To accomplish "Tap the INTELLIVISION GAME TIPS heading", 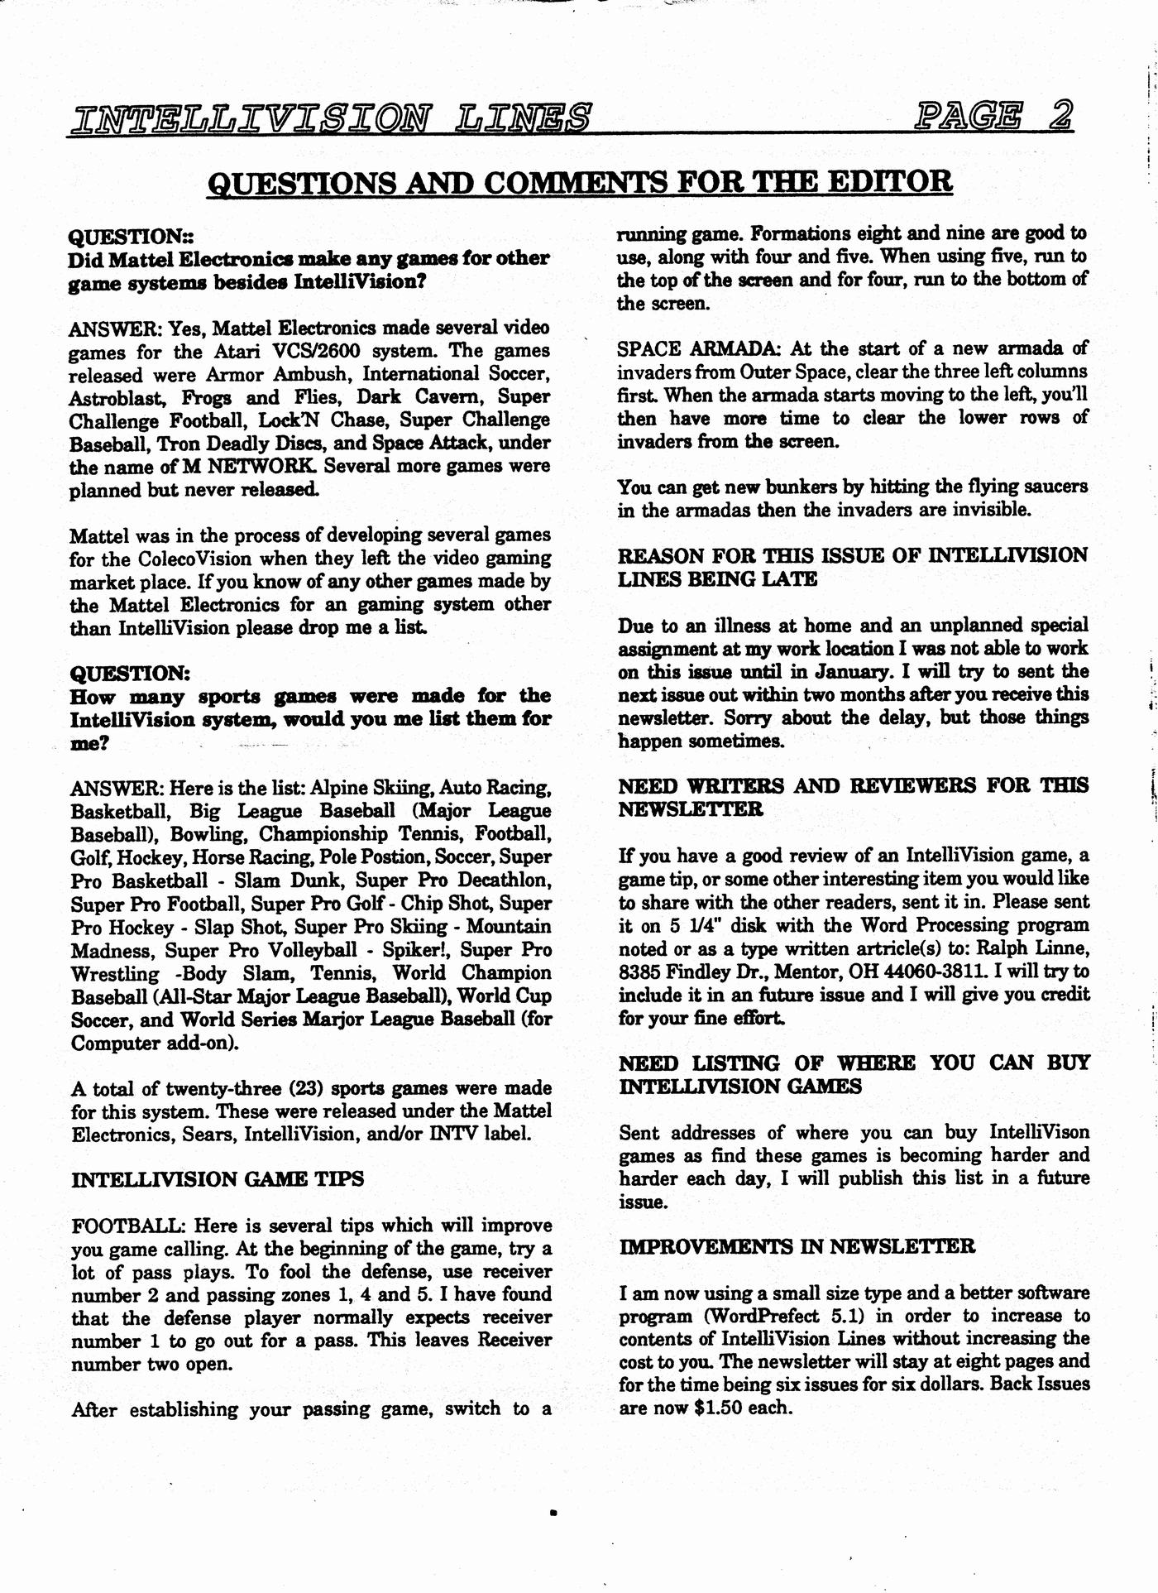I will pos(218,1179).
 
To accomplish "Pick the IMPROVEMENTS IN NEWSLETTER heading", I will pos(797,1246).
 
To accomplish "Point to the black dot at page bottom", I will pos(553,1514).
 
